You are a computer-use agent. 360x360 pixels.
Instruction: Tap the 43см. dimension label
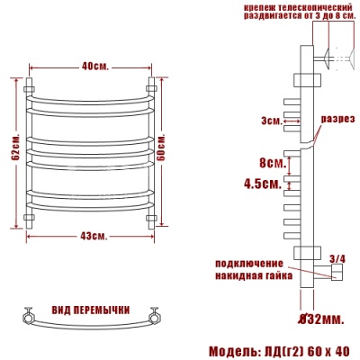93,236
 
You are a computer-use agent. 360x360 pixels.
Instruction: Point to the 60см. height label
164,148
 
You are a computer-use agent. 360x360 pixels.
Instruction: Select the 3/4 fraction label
337,258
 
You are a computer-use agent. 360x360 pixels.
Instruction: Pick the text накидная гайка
254,274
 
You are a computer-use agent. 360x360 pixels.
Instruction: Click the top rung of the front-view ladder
90,96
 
